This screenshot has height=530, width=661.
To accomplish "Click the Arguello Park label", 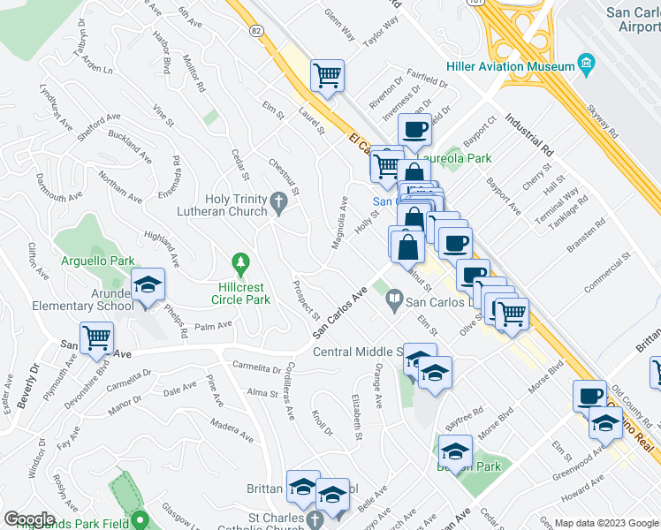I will click(97, 261).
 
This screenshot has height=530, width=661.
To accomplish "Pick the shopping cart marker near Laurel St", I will click(327, 76).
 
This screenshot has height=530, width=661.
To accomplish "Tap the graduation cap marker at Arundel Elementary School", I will click(148, 285).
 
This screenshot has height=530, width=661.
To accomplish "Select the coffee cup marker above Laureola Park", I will click(414, 131).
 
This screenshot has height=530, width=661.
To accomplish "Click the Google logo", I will click(29, 519).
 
